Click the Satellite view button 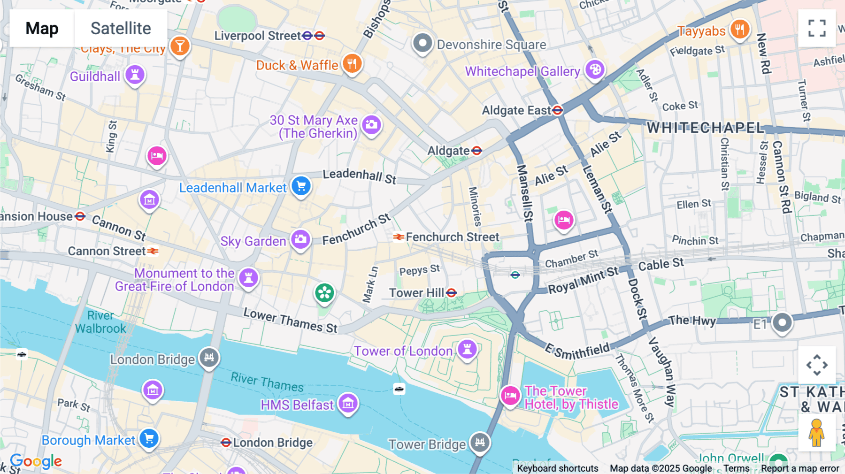(121, 28)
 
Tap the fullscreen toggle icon (817, 28)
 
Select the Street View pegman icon (816, 432)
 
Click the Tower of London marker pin (467, 349)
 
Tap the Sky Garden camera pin (300, 240)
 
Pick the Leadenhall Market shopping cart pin (301, 186)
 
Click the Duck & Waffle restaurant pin (352, 63)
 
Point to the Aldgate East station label (516, 110)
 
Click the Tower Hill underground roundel (452, 293)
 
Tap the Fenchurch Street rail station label (452, 237)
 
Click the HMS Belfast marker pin (348, 403)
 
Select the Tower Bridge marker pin (480, 442)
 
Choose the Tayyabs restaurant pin (739, 30)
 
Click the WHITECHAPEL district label (705, 128)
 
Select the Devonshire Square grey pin (422, 44)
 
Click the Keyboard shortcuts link (557, 468)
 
